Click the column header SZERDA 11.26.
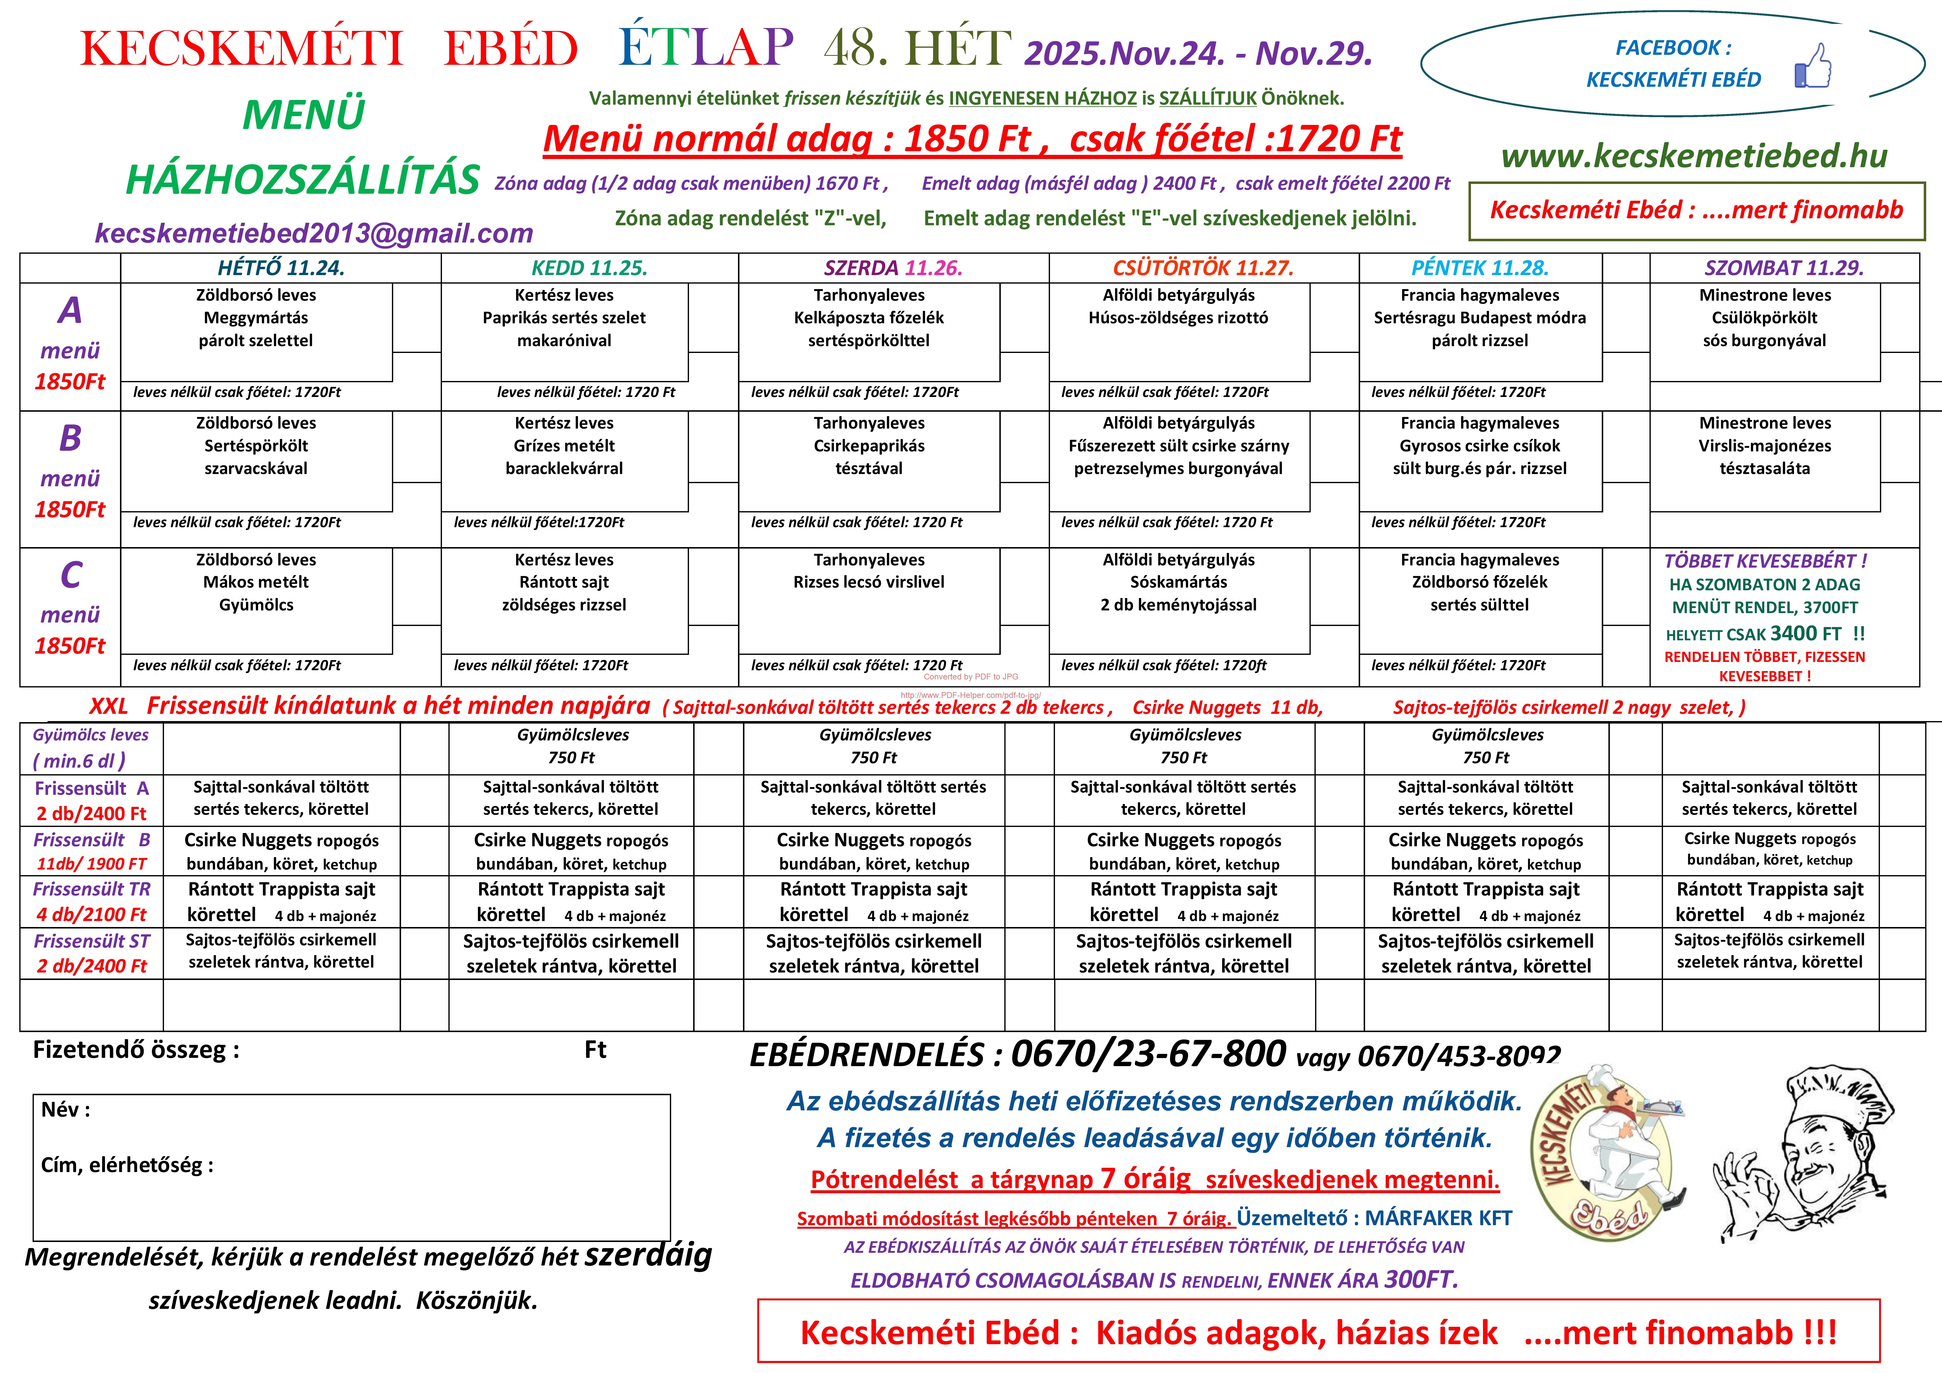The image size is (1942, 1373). (x=893, y=268)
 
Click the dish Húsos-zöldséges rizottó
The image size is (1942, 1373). (x=1178, y=318)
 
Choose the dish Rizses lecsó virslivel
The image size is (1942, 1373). (x=869, y=582)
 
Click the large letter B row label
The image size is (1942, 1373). (x=70, y=438)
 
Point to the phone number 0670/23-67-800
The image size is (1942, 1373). (x=1148, y=1054)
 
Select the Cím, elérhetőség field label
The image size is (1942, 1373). (x=127, y=1165)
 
